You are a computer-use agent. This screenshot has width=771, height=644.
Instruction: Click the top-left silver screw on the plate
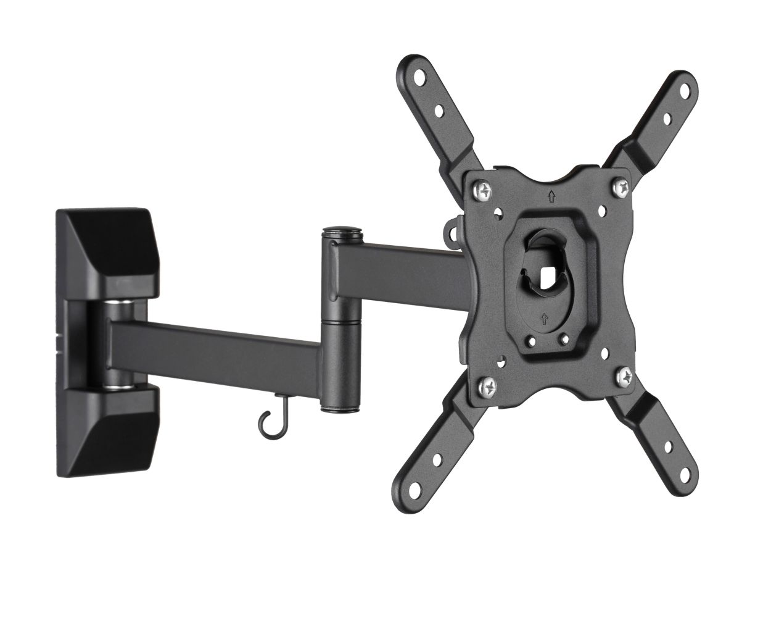click(486, 188)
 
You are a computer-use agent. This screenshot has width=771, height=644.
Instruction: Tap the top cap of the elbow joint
click(343, 235)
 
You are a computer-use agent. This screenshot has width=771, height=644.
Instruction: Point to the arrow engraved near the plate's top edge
click(551, 197)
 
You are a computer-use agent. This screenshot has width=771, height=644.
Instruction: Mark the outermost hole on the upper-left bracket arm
click(420, 78)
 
